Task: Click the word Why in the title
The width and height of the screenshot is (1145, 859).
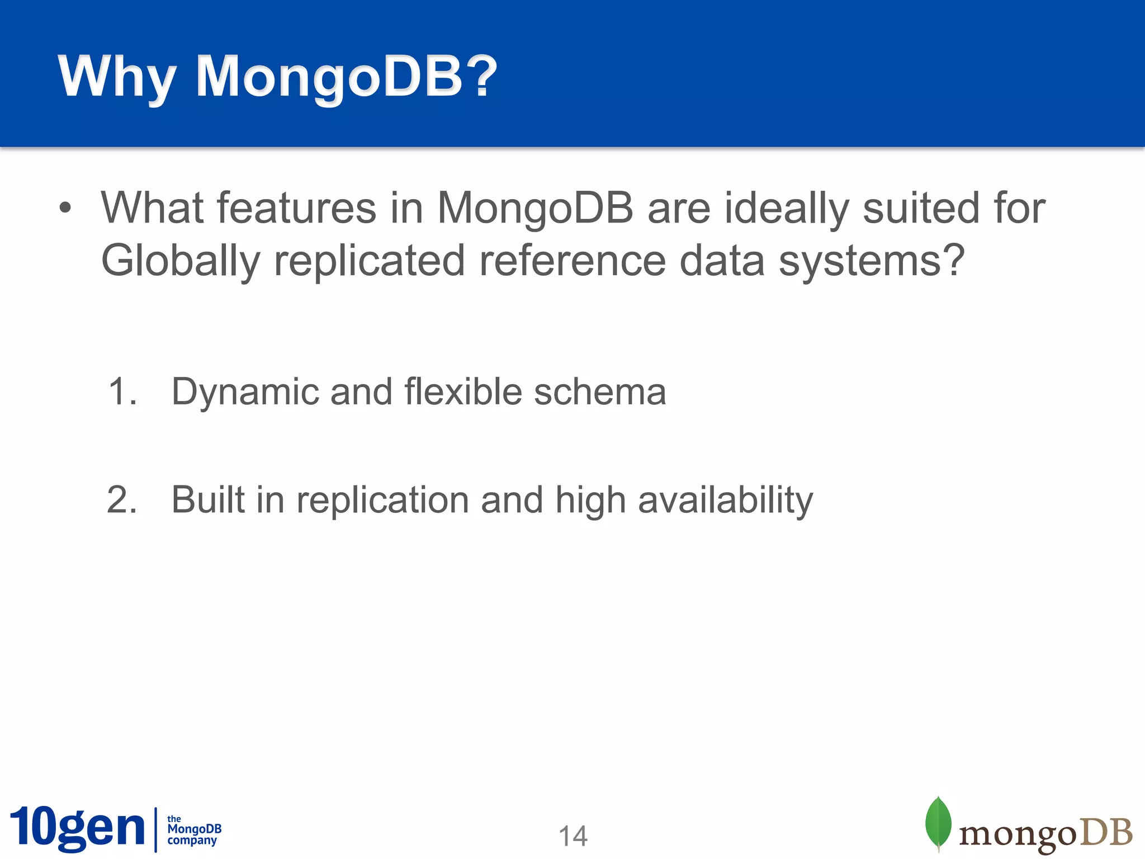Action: point(116,77)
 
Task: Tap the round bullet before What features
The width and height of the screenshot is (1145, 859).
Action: point(65,208)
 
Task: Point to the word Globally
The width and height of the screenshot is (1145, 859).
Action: point(181,261)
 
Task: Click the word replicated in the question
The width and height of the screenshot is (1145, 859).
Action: point(370,261)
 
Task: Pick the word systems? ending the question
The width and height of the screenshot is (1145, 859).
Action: point(872,261)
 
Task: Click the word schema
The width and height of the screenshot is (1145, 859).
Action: point(600,391)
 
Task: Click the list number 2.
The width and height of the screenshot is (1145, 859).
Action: point(122,499)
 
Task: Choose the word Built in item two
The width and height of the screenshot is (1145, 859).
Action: point(207,499)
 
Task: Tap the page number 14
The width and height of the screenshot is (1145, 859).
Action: point(573,837)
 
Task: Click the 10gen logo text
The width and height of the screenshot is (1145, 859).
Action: point(77,828)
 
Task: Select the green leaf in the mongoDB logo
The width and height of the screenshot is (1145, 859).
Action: point(938,822)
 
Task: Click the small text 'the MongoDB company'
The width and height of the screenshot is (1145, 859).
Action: point(193,830)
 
